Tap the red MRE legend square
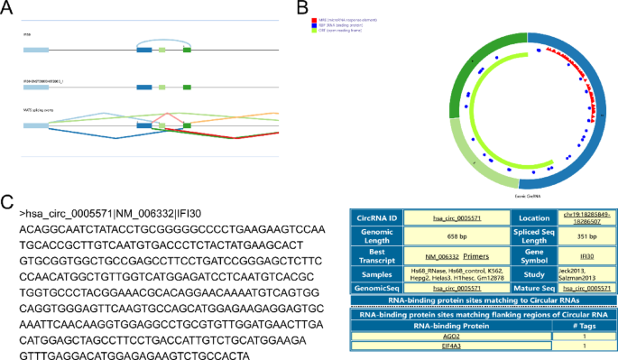[311, 17]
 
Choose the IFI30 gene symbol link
[587, 256]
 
